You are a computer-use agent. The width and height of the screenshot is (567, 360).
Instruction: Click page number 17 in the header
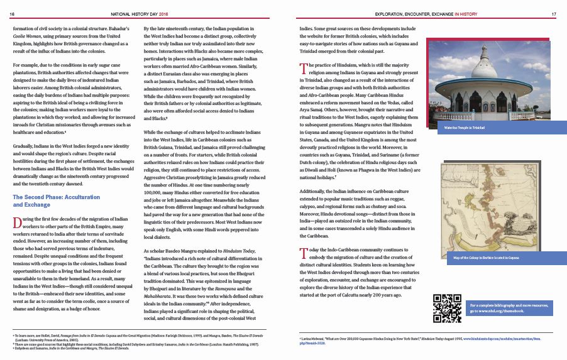[554, 13]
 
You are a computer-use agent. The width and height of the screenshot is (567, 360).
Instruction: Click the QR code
[448, 308]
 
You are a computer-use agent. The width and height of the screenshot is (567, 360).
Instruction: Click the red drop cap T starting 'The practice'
[304, 68]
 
